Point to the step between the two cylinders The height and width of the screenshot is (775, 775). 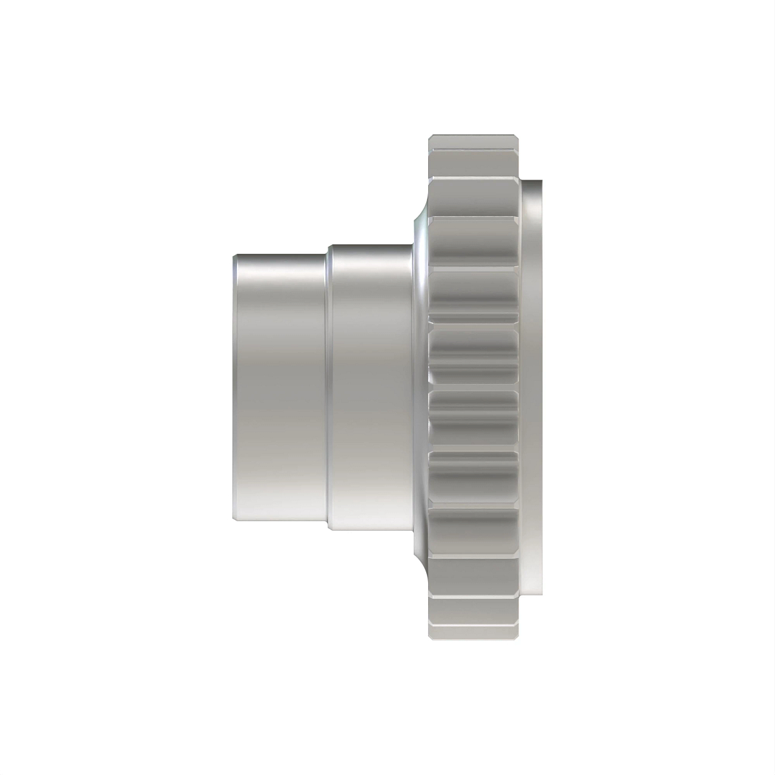pos(327,387)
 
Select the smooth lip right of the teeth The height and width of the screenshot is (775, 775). pos(533,387)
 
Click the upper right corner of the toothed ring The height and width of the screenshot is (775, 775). pos(519,137)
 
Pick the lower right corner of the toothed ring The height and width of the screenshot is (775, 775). pos(519,639)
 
